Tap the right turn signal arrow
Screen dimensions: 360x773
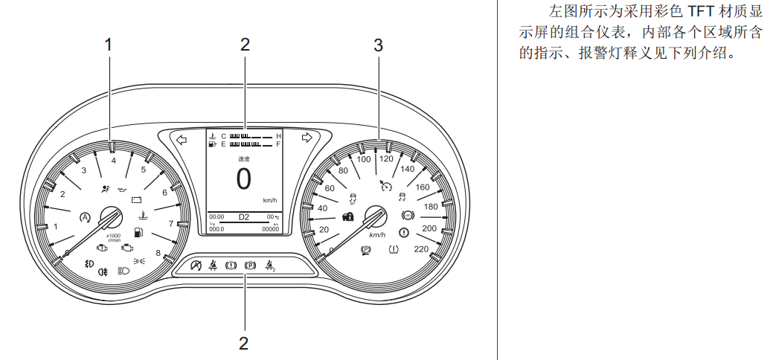point(307,138)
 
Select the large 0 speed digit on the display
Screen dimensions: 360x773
point(244,179)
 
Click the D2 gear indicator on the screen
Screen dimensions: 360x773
point(244,216)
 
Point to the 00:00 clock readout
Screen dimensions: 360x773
point(216,217)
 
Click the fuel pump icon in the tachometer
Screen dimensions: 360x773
point(138,233)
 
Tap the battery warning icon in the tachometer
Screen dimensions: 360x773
point(137,199)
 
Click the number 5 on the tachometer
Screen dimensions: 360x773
point(144,170)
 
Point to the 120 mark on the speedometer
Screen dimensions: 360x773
point(386,158)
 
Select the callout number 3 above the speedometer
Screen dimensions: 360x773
point(378,45)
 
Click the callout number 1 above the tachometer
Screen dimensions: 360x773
point(109,45)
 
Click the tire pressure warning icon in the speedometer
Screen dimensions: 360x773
point(393,250)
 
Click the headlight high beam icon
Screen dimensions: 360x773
point(124,271)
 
